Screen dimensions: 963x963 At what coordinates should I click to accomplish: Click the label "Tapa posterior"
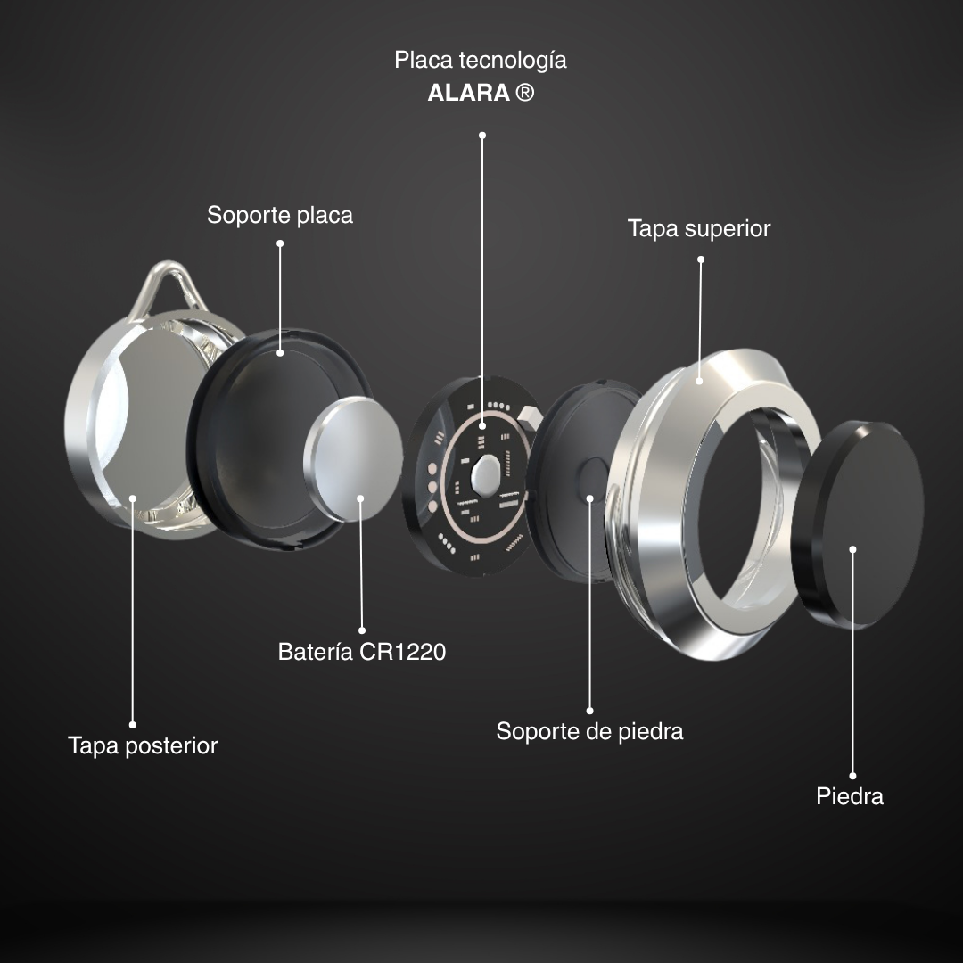[143, 745]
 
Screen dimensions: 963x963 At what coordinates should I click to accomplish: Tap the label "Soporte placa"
[280, 215]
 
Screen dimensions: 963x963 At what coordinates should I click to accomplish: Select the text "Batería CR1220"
[362, 652]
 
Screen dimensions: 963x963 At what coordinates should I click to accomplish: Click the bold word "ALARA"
[468, 93]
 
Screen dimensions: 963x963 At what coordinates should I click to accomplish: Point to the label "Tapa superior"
[699, 228]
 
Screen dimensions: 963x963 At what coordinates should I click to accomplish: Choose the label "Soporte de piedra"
[589, 731]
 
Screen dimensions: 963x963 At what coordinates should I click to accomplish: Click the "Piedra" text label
[850, 796]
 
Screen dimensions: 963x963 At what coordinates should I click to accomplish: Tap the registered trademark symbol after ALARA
[525, 93]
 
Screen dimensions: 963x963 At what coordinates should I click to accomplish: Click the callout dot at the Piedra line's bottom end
[852, 776]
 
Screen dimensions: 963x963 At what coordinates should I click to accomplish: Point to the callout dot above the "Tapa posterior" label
[133, 724]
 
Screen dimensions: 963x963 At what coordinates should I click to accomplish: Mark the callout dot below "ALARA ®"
[482, 136]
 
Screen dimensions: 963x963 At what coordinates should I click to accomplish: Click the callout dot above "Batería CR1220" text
[362, 630]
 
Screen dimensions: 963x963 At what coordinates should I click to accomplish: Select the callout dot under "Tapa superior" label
[701, 259]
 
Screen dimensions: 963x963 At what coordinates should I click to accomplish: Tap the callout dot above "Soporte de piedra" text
[589, 711]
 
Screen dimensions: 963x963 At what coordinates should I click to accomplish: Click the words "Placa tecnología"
[481, 61]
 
